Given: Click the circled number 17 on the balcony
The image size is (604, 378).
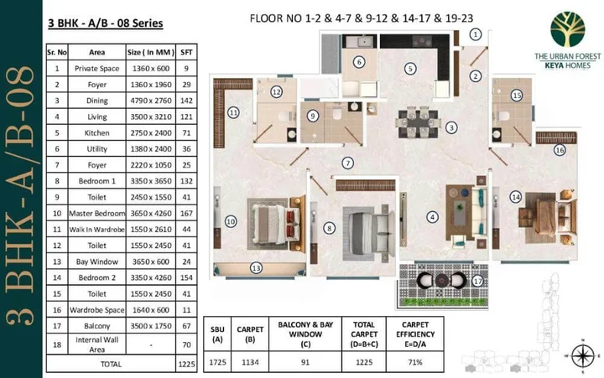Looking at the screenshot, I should (477, 282).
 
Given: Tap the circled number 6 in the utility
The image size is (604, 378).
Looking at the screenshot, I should (358, 61).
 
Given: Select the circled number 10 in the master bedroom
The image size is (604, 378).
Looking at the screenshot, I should (229, 221).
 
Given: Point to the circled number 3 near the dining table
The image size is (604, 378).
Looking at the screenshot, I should (451, 127).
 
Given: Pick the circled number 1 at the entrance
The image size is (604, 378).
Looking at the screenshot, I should (476, 34).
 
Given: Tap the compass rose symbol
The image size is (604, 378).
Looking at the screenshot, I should (577, 354).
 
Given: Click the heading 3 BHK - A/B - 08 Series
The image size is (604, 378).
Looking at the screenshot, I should (105, 24).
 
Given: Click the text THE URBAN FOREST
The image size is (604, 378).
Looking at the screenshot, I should (568, 55).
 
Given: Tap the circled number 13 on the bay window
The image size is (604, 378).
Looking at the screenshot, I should (257, 268).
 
